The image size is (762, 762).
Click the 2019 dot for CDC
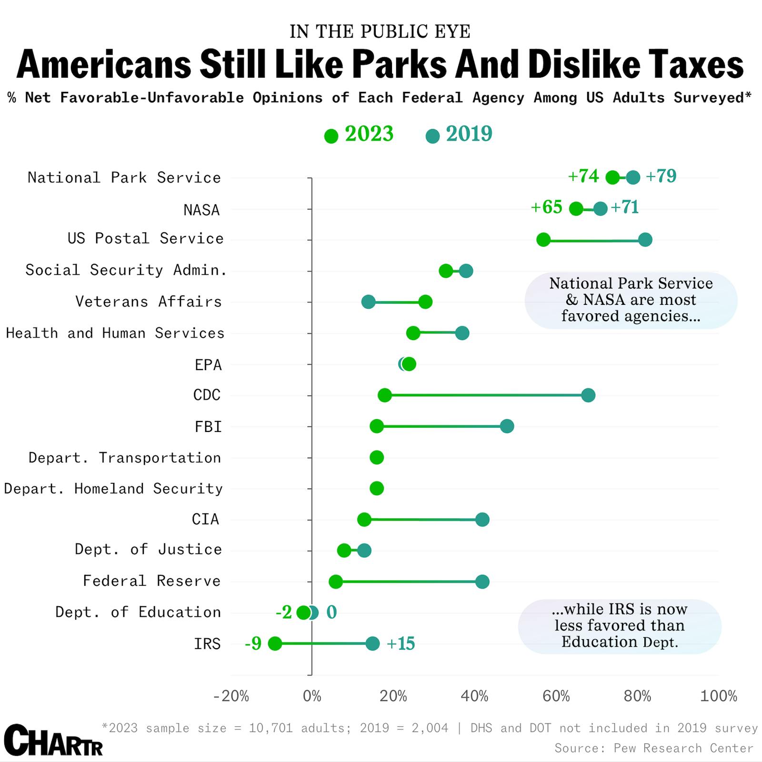588,395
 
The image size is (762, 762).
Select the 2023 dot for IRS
275,644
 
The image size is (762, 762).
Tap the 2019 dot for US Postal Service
645,240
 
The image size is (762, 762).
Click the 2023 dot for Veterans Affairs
425,301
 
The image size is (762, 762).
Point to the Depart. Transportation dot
377,458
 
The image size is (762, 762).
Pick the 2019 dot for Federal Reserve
482,582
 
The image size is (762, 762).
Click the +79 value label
661,176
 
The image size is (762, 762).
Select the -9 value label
253,644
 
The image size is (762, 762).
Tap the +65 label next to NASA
547,208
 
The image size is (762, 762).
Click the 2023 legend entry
360,134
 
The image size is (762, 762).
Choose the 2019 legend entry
460,134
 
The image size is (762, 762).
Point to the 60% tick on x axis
556,696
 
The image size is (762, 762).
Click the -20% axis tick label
231,696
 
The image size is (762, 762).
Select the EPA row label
208,365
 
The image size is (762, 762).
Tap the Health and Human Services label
115,333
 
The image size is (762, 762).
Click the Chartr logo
53,741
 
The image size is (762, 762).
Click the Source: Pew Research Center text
653,748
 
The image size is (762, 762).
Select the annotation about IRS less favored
620,626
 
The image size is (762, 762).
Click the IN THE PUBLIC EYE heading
380,31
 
